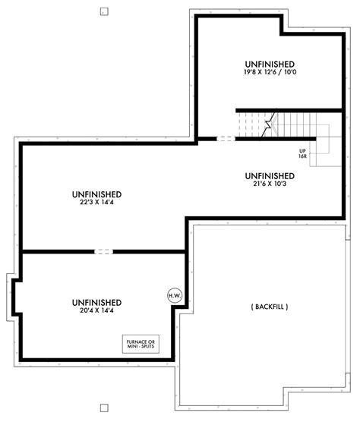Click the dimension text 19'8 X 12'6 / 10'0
pos(270,72)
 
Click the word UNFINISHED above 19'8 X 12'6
pos(270,63)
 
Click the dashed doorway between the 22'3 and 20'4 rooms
pos(103,251)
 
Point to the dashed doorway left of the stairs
pos(225,139)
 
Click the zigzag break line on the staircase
pos(267,125)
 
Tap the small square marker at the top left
pos(103,12)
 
